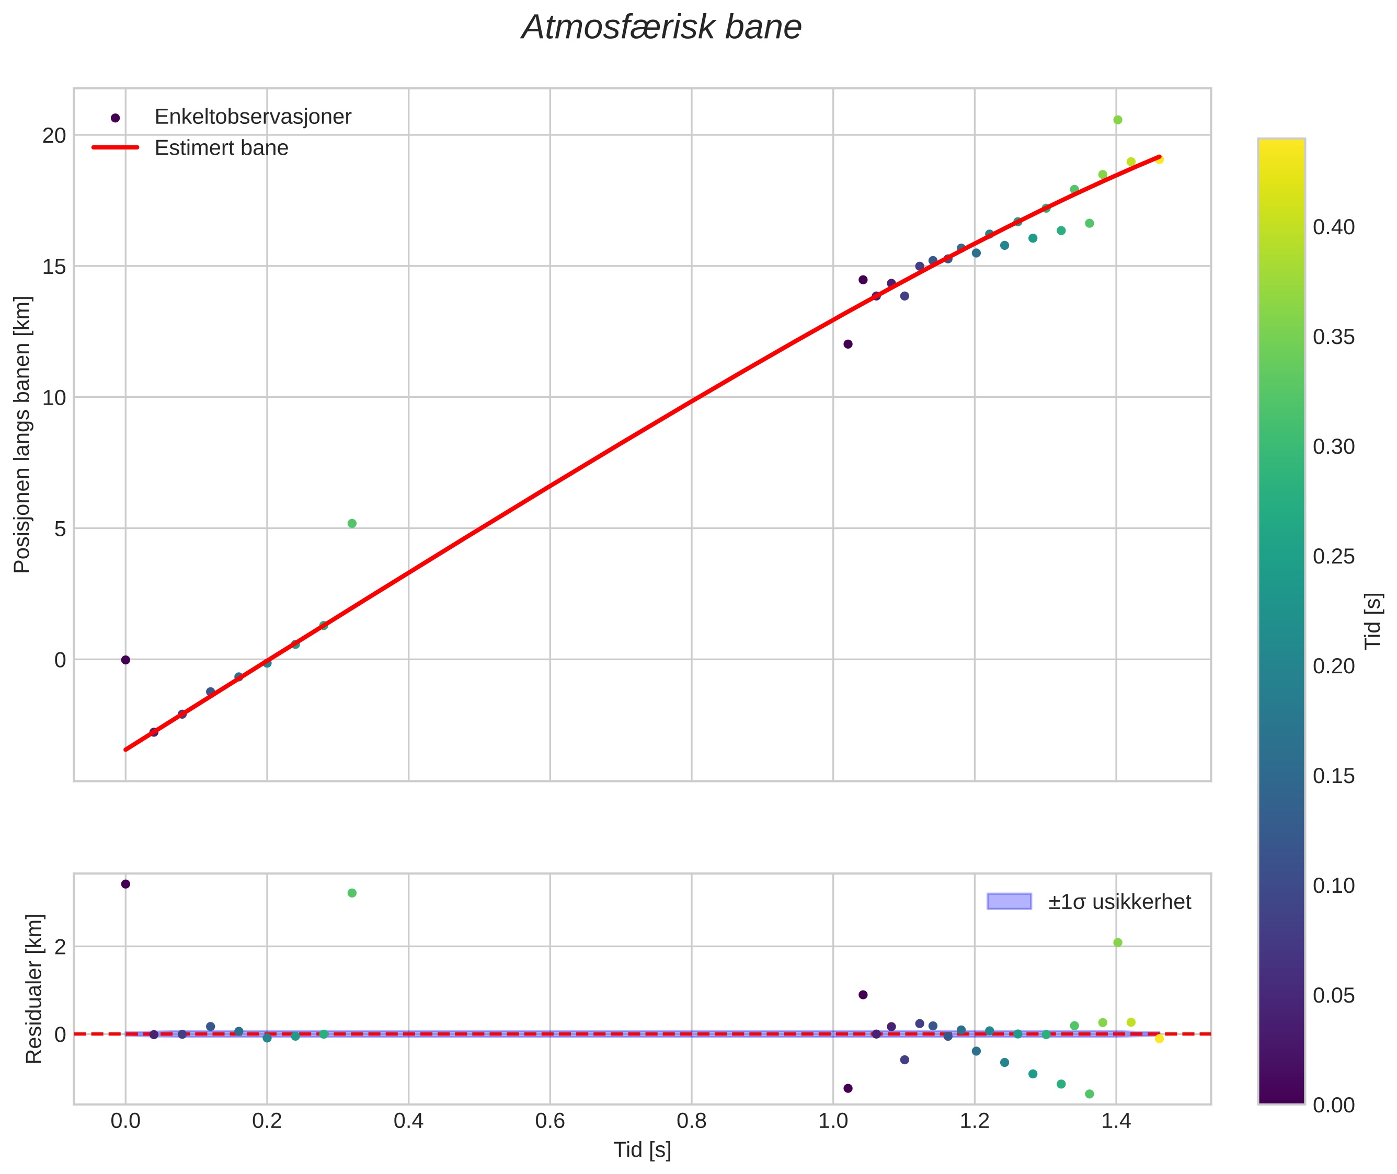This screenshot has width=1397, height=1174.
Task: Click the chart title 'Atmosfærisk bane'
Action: tap(661, 28)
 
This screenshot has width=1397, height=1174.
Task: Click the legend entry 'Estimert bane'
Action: tap(221, 148)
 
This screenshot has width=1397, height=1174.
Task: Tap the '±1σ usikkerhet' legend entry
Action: tap(1119, 902)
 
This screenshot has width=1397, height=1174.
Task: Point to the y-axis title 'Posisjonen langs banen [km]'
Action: tap(22, 434)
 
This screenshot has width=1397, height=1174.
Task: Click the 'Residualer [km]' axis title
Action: tap(34, 988)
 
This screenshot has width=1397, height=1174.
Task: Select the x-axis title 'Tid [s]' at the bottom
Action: tap(642, 1149)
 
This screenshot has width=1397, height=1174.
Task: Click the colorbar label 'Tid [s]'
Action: tap(1373, 621)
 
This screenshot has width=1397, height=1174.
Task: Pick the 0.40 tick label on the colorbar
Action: tap(1333, 227)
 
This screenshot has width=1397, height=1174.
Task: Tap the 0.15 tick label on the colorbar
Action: tap(1333, 776)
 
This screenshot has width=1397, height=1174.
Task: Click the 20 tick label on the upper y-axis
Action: tap(54, 136)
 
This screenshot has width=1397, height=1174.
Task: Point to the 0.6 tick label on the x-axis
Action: tap(549, 1121)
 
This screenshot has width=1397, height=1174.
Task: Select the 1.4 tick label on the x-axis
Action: tap(1116, 1121)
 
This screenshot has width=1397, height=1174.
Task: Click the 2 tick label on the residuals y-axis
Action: tap(61, 947)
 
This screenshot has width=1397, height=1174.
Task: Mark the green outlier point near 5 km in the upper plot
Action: tap(352, 524)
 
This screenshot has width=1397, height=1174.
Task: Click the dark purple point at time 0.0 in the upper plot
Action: tap(125, 660)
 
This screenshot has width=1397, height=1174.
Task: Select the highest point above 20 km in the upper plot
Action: tap(1117, 120)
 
